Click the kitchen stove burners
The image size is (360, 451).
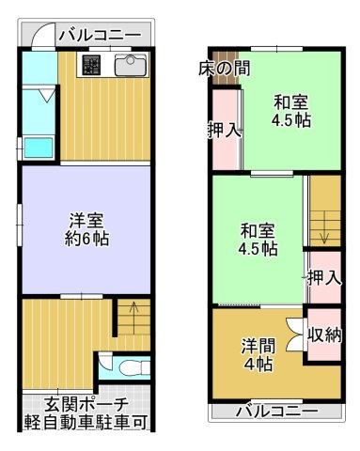[x=92, y=66]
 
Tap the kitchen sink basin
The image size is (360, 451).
[x=130, y=66]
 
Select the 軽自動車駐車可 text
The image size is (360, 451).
[x=86, y=422]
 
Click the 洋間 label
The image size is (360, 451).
[x=258, y=344]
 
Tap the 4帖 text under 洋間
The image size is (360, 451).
[x=258, y=365]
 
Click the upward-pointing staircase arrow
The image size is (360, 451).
[x=133, y=307]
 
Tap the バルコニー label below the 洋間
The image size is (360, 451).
[x=276, y=411]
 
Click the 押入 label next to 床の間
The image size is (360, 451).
[x=223, y=131]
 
